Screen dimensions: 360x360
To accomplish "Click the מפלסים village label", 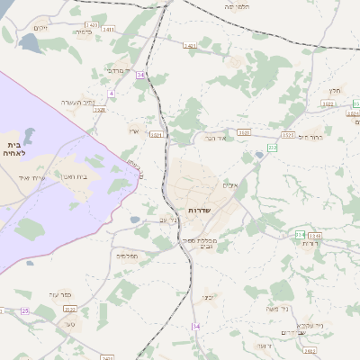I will click(x=127, y=256).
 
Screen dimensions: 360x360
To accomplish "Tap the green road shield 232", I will click(x=272, y=147).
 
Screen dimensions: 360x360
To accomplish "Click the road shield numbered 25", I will click(x=25, y=310).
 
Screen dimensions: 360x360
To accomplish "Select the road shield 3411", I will click(x=109, y=30).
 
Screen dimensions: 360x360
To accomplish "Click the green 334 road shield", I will click(x=300, y=235).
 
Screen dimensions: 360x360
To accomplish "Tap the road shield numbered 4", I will click(x=112, y=93).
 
